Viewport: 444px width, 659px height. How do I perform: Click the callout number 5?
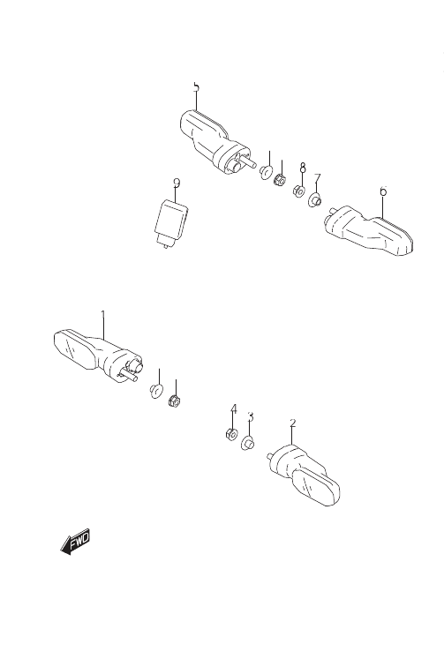tap(196, 87)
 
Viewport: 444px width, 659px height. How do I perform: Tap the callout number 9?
tap(177, 183)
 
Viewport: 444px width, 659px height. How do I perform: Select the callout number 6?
tap(383, 191)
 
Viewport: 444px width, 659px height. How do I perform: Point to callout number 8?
tap(303, 168)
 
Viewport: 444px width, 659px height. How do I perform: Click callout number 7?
tap(318, 178)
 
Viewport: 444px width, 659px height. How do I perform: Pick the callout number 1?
tap(103, 315)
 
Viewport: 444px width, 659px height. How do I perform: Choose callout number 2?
tap(293, 423)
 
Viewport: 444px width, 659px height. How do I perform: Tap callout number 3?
tap(251, 417)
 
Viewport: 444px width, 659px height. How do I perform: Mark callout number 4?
tap(234, 409)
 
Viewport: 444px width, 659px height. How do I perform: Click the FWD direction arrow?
tap(75, 542)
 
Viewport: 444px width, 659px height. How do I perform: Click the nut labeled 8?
tap(299, 191)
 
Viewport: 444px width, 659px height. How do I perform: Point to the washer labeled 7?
tap(315, 199)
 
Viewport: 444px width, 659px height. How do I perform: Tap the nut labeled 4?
tap(231, 434)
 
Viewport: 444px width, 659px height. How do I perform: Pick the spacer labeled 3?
tap(247, 443)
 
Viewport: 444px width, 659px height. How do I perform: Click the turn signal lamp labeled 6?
tap(369, 230)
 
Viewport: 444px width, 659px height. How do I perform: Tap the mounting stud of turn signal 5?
tap(248, 164)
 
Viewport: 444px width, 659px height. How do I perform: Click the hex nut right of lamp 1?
tap(174, 401)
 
